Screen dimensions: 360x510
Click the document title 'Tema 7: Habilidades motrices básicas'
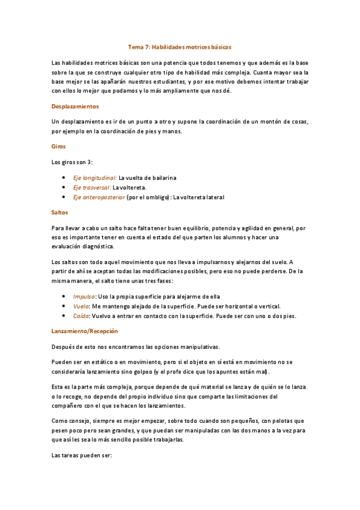pos(180,46)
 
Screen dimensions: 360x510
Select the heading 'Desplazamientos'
pos(75,106)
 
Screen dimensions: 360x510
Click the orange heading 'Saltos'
pos(60,212)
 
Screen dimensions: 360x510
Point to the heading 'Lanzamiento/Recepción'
pos(85,331)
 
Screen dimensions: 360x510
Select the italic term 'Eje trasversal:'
pos(92,188)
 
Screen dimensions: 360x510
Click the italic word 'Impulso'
pos(84,296)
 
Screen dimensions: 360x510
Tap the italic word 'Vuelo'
pos(81,306)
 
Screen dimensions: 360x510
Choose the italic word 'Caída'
pos(81,316)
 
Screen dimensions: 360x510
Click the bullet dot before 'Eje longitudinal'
pos(64,178)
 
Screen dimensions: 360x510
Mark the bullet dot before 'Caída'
pos(64,316)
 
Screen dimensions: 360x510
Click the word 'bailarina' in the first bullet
pos(161,178)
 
